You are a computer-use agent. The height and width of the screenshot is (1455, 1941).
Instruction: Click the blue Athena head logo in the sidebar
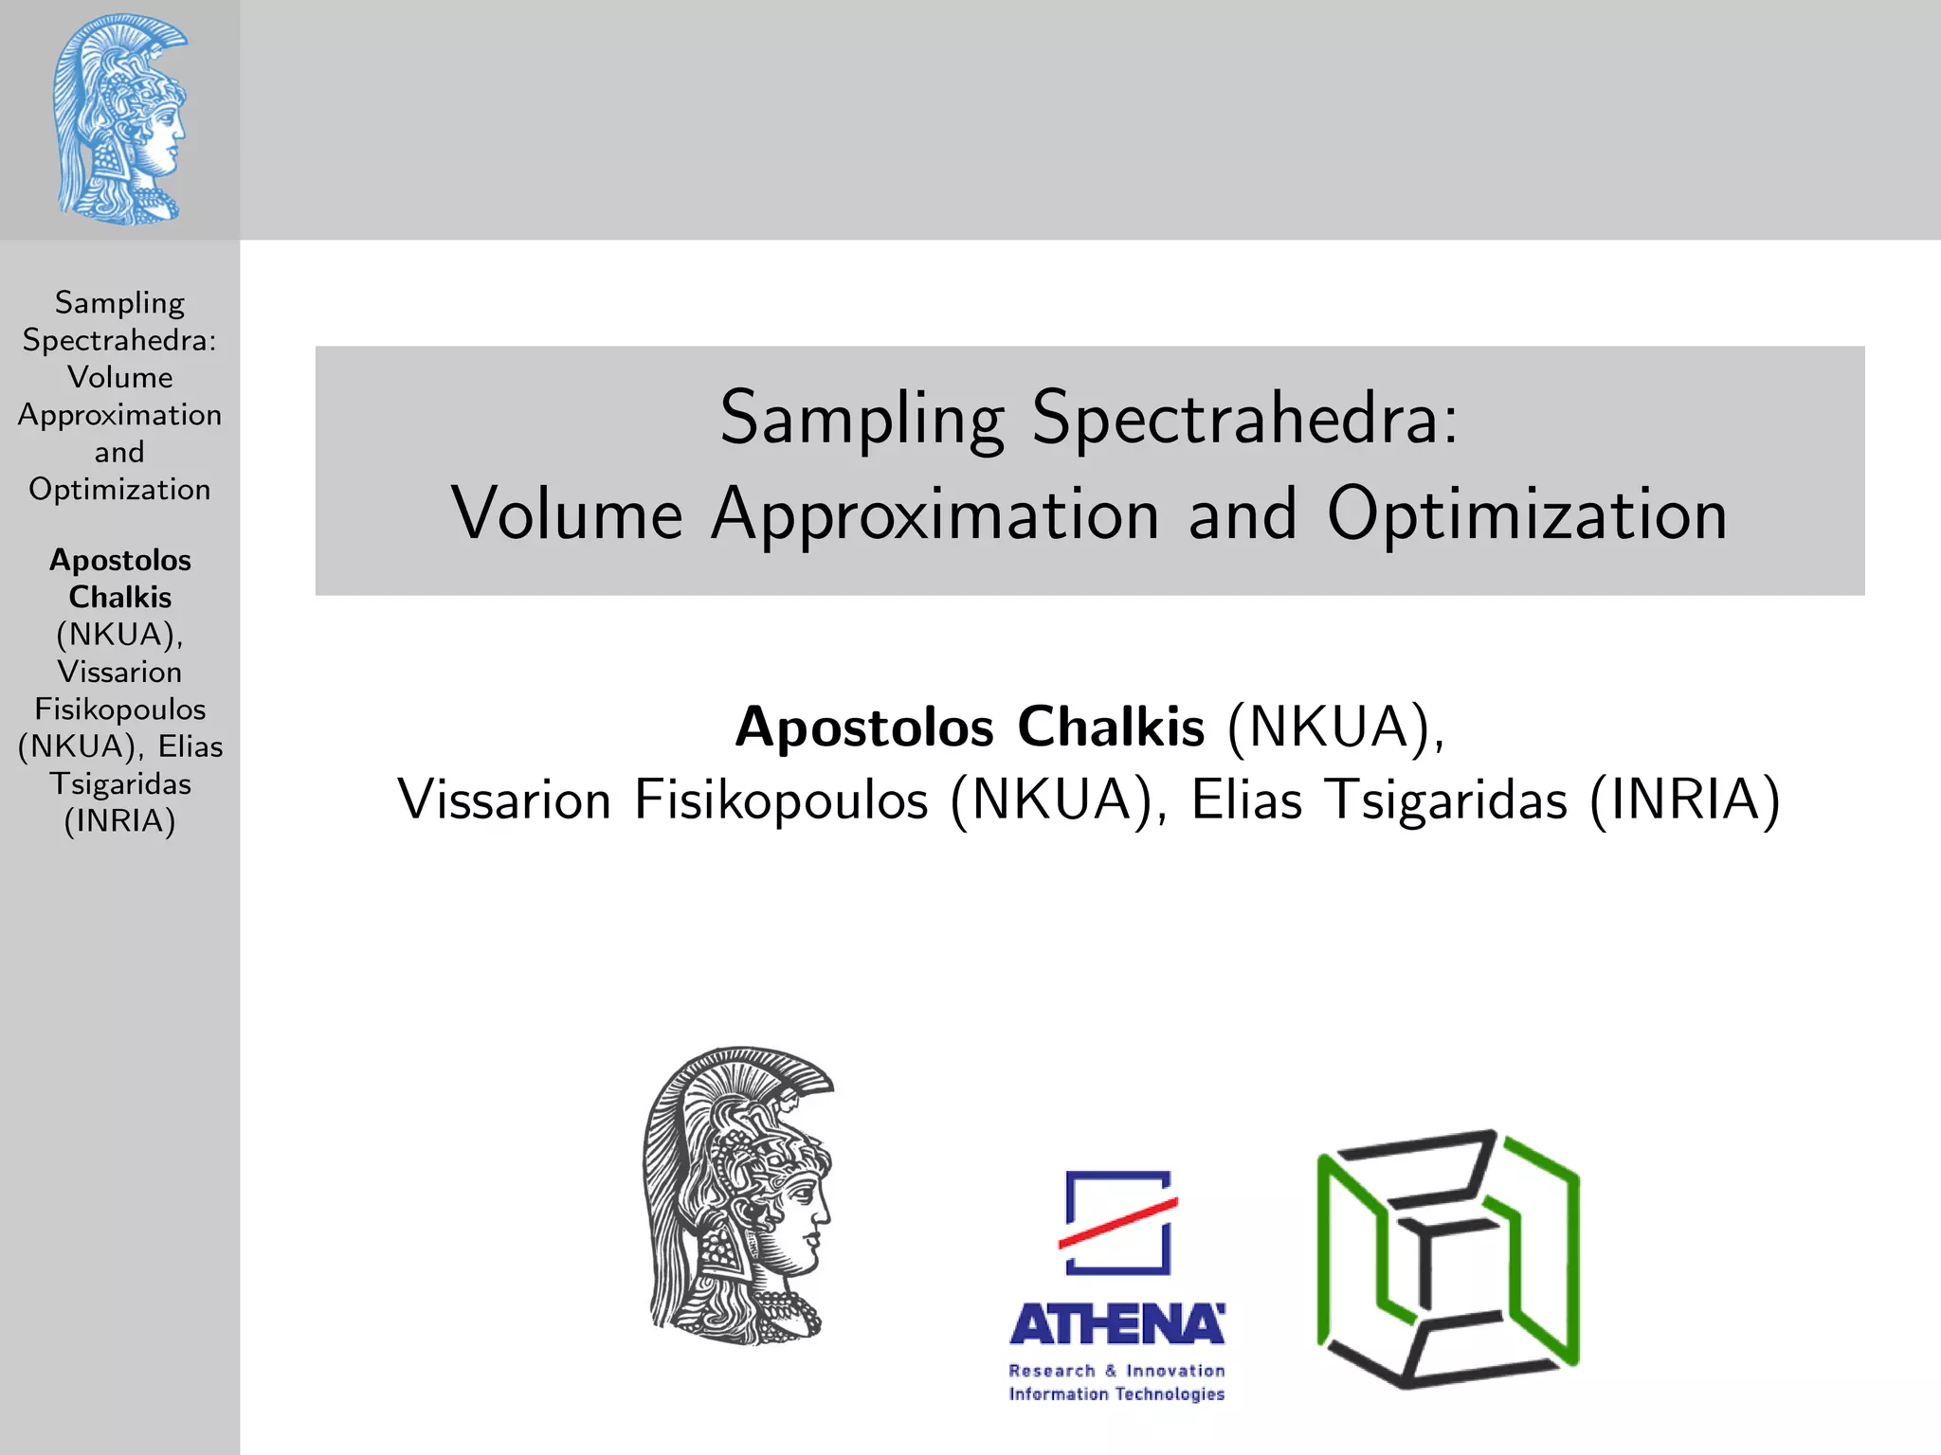pos(119,119)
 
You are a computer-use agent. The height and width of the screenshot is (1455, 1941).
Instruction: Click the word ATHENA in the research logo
pos(1116,1324)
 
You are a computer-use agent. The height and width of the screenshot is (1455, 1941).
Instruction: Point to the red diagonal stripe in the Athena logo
pos(1118,1222)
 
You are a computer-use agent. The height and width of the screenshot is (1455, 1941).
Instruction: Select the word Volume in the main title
pos(567,513)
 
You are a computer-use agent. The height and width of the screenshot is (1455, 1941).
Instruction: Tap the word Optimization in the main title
pos(1527,513)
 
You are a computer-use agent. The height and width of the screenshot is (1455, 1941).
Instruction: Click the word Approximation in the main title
pos(936,515)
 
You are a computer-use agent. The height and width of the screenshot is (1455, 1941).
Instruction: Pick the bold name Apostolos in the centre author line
pos(864,727)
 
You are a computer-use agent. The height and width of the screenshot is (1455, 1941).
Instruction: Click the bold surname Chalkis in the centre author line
pos(1111,727)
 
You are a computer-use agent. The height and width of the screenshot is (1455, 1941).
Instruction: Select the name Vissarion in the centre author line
pos(504,799)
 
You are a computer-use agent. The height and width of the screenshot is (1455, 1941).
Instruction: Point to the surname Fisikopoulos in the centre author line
pos(781,801)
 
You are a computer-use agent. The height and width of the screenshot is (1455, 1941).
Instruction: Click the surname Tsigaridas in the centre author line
pos(1446,801)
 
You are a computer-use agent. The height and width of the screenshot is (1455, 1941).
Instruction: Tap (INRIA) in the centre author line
pos(1685,799)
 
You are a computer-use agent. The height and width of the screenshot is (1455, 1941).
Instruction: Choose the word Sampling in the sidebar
pos(119,303)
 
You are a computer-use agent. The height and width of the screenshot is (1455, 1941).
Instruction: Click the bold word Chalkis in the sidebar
pos(119,597)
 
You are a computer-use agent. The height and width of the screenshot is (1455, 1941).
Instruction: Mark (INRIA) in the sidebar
pos(119,820)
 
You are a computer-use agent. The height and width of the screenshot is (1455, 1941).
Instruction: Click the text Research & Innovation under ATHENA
pos(1116,1371)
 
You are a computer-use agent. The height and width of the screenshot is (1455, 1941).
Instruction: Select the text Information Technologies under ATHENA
pos(1116,1393)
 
